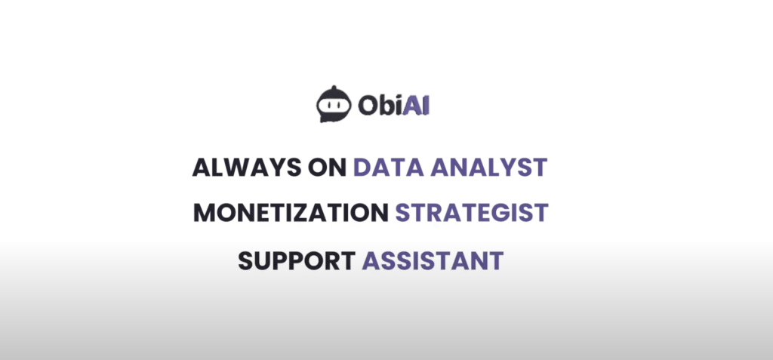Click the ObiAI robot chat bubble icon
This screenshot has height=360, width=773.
(x=334, y=104)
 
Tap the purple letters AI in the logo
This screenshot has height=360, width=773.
(x=416, y=105)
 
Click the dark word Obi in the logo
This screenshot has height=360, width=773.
(x=380, y=105)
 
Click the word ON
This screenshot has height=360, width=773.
(x=327, y=168)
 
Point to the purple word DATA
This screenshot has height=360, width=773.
(x=389, y=168)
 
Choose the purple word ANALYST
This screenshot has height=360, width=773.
(x=489, y=168)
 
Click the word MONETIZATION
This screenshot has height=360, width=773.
(x=291, y=213)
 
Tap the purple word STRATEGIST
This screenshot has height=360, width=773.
(x=472, y=213)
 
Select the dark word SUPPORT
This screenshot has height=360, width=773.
(x=296, y=260)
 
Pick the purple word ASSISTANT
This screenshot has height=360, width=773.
(x=433, y=260)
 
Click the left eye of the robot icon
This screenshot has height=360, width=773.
(x=328, y=105)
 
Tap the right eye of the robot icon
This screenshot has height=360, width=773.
(x=340, y=105)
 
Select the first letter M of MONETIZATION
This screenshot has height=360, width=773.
(x=204, y=213)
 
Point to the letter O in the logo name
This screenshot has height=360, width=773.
(x=368, y=106)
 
